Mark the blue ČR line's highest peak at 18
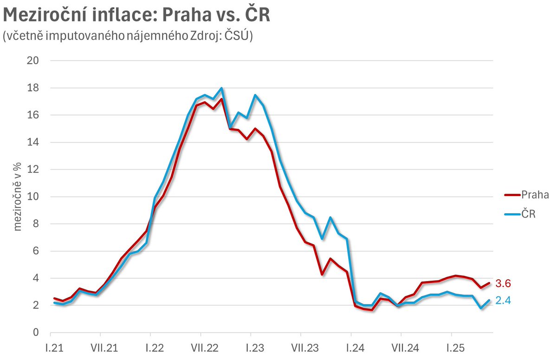221,88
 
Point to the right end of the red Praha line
489,283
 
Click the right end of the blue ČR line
489,300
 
